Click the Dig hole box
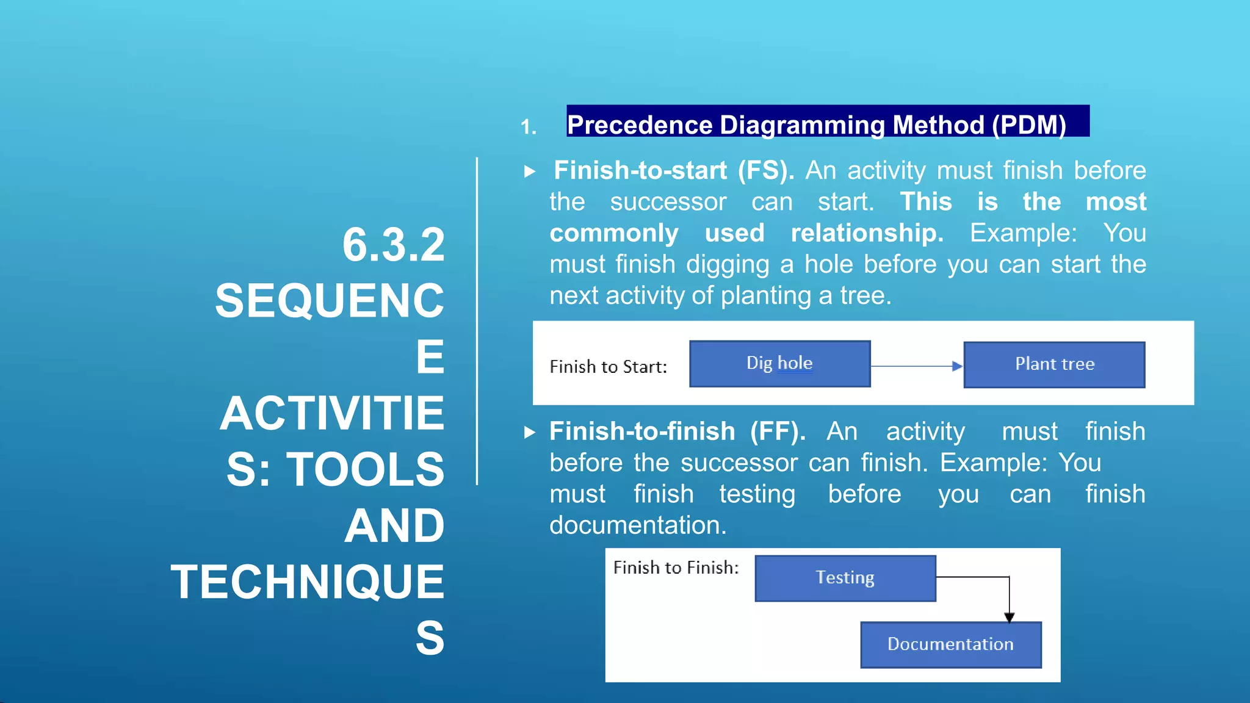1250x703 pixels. click(779, 364)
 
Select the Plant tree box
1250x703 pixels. click(1054, 364)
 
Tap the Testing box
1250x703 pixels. click(845, 578)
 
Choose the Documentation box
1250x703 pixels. click(950, 644)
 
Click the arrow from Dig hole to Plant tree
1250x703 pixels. click(916, 366)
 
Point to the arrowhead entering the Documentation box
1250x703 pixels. click(1009, 617)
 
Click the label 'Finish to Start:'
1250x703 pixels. click(608, 367)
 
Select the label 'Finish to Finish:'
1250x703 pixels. click(676, 568)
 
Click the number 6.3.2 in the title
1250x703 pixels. click(393, 245)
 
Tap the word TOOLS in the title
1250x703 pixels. click(365, 470)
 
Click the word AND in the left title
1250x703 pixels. click(394, 526)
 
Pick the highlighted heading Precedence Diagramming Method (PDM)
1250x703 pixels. click(816, 124)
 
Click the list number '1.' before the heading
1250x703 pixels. click(529, 127)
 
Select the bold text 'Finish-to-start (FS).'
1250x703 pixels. click(673, 170)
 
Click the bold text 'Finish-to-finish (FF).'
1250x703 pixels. click(677, 431)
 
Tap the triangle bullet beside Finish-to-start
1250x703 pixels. click(529, 171)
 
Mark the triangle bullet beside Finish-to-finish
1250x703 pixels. click(529, 433)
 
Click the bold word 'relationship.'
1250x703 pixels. click(867, 233)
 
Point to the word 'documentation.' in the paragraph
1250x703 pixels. click(638, 525)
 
